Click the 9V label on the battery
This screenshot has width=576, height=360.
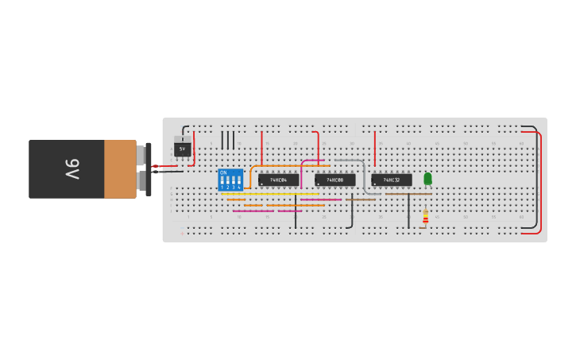(72, 169)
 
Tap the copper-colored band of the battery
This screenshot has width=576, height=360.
(120, 169)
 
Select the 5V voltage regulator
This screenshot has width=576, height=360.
(183, 149)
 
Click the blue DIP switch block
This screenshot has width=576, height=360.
(230, 180)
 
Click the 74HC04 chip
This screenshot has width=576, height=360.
(278, 180)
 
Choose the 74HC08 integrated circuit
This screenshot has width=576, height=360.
(335, 180)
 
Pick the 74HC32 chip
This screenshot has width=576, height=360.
(392, 180)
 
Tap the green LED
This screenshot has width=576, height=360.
(427, 179)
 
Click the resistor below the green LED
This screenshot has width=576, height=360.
(425, 216)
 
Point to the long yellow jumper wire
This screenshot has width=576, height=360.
(270, 194)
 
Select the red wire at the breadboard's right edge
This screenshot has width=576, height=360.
(541, 183)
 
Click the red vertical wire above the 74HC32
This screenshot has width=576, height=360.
(375, 147)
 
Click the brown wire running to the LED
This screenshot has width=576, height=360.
(408, 194)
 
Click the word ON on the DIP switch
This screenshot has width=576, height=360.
(223, 172)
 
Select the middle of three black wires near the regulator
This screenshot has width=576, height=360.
(228, 140)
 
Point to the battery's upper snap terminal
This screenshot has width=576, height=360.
(142, 153)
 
